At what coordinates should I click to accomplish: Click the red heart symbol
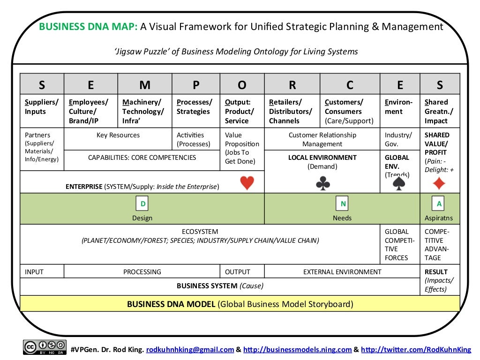coord(247,183)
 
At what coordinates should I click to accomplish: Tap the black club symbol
coord(323,183)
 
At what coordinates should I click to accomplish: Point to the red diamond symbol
coord(439,183)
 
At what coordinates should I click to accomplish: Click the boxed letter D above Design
coord(142,204)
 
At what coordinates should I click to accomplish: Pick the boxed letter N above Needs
coord(343,204)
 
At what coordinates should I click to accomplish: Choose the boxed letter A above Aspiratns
coord(439,204)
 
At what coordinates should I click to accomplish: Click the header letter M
coord(145,85)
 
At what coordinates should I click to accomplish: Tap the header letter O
coord(242,85)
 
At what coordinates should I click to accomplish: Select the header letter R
coord(292,85)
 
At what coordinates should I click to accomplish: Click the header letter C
coord(350,85)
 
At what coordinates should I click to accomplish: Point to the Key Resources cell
coord(118,135)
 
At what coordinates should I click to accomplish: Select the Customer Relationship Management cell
coord(322,139)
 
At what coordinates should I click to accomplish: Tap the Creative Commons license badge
coord(45,347)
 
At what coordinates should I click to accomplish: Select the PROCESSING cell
coord(142,272)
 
